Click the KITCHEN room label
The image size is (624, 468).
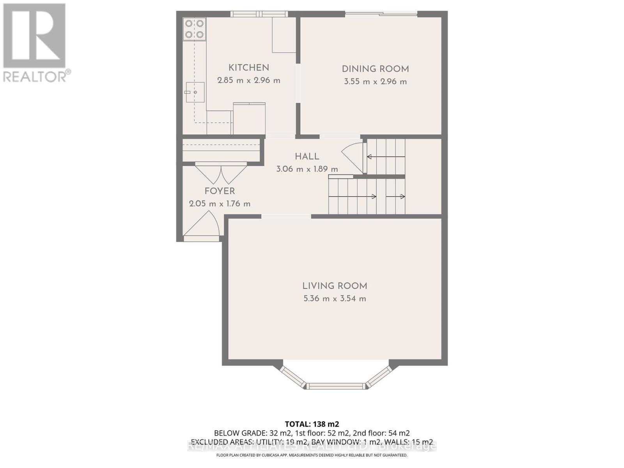(248, 67)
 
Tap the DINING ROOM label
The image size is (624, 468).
(375, 69)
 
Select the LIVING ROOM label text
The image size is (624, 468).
(335, 286)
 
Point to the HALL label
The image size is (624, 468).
(307, 156)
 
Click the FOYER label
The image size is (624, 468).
(220, 191)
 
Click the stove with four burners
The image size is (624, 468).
(194, 29)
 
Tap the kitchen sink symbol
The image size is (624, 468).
(195, 92)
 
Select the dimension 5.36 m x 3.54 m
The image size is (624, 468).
(335, 299)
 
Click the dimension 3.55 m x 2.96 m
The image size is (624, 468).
(375, 82)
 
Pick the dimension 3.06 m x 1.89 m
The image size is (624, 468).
(307, 169)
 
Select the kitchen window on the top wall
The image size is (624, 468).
(259, 14)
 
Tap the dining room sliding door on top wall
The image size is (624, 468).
(381, 14)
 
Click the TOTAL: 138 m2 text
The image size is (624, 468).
(312, 424)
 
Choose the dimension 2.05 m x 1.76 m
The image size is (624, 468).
(220, 204)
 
